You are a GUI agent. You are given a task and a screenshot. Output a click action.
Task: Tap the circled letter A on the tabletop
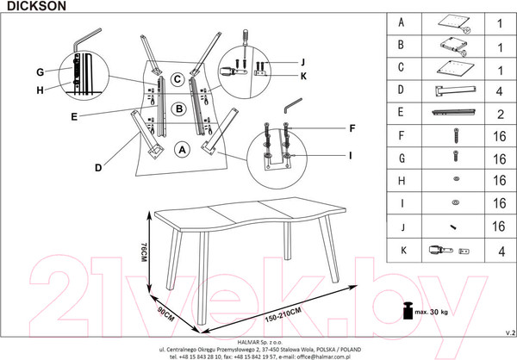(182, 149)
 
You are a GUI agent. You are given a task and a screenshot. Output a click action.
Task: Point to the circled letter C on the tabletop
(175, 80)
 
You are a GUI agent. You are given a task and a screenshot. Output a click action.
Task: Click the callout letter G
(40, 71)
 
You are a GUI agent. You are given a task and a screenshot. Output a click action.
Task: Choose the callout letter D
(98, 167)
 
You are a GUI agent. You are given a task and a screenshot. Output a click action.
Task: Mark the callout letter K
(302, 77)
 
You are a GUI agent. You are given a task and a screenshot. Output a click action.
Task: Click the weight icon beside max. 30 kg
(403, 309)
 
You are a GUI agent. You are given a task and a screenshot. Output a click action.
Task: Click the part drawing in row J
(453, 227)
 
